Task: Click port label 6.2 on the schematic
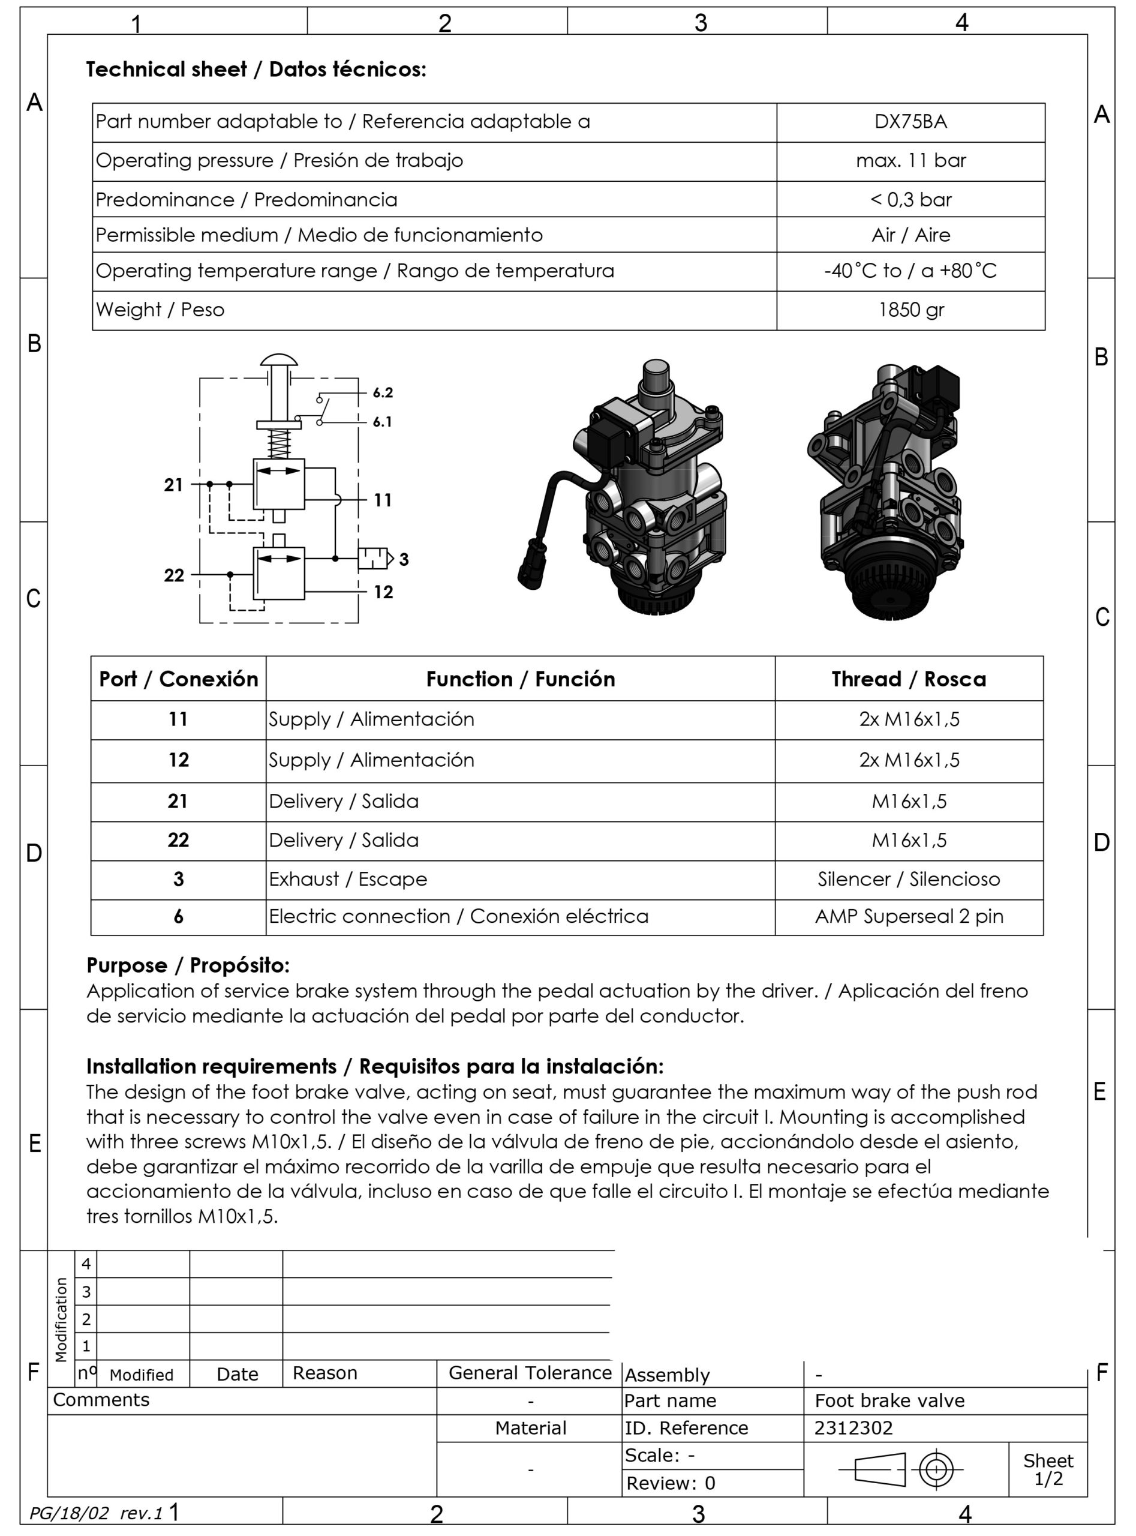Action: (x=382, y=393)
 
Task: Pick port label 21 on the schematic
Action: (x=173, y=485)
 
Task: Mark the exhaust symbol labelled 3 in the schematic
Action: (x=374, y=558)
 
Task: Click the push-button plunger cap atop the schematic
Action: (x=278, y=361)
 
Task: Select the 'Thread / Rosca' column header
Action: (x=909, y=679)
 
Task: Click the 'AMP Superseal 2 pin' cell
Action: (x=909, y=916)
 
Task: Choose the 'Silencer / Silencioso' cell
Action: (x=909, y=879)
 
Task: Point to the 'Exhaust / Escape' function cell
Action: (x=348, y=879)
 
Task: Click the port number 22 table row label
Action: (x=178, y=840)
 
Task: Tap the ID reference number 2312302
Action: (x=853, y=1428)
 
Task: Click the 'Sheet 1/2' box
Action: (x=1047, y=1469)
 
